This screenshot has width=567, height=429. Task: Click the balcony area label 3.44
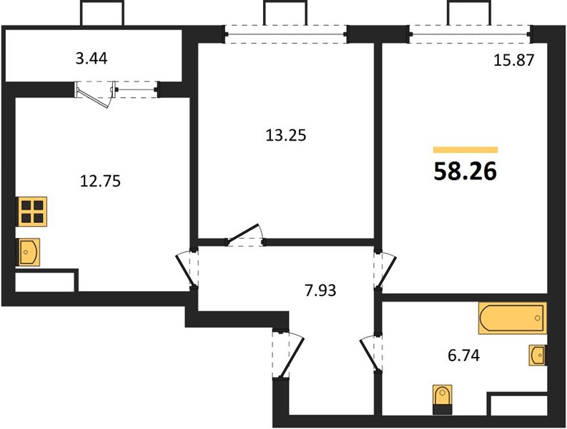(x=92, y=59)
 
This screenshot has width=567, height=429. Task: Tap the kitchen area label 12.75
(x=100, y=181)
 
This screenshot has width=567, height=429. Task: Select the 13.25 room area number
(x=286, y=135)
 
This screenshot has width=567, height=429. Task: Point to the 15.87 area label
(x=514, y=60)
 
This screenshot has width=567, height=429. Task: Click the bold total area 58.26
(x=465, y=171)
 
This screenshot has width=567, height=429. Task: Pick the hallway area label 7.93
(x=320, y=290)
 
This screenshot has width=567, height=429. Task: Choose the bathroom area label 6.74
(x=463, y=355)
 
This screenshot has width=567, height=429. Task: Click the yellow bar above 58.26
(x=465, y=149)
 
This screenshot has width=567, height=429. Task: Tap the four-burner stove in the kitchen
(x=32, y=212)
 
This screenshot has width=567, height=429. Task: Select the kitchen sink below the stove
(x=28, y=252)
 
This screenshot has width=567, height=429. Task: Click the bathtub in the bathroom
(x=513, y=318)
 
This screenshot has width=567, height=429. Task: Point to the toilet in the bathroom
(x=443, y=400)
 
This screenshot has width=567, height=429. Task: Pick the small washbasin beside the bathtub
(x=538, y=355)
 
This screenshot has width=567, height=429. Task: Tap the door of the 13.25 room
(x=245, y=235)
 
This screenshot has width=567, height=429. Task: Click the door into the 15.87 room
(x=385, y=270)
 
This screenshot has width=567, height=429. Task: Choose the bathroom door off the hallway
(x=371, y=353)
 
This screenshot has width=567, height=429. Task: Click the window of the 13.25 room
(x=286, y=34)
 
